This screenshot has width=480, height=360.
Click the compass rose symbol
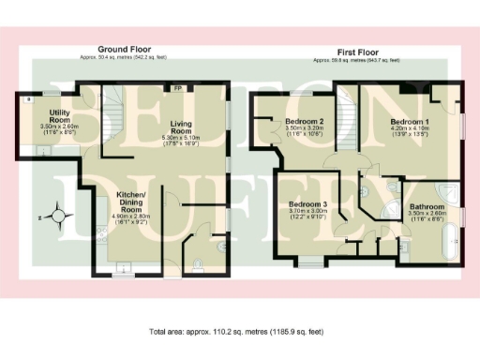60,217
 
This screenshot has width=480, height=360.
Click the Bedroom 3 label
307,204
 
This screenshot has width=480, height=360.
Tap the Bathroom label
425,206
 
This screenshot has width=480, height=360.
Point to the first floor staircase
352,117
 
